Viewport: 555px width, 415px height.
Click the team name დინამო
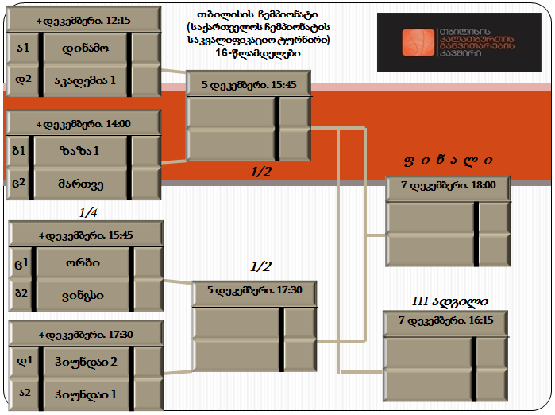[85, 48]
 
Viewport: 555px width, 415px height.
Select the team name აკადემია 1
[85, 81]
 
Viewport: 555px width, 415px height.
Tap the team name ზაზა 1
[79, 151]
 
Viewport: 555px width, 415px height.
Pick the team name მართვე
[81, 184]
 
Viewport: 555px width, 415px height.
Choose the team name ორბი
[83, 262]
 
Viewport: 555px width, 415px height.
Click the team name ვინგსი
[83, 296]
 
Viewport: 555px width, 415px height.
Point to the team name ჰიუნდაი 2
[86, 363]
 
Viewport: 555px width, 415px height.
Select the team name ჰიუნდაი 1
[86, 394]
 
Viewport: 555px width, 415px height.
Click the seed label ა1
[23, 48]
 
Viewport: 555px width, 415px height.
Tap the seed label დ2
[23, 80]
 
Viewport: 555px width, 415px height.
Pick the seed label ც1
[21, 263]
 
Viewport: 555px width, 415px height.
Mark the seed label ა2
[25, 393]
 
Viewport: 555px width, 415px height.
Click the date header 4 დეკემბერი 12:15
[83, 21]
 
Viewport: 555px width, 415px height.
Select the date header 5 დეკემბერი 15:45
[249, 85]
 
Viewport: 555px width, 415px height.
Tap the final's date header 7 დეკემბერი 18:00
[448, 185]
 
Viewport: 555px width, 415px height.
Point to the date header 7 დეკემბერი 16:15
[446, 320]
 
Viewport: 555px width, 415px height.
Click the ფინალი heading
[448, 161]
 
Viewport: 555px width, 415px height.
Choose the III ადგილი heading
[450, 301]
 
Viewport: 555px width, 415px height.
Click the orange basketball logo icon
[418, 42]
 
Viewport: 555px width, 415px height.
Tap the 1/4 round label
[88, 212]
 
